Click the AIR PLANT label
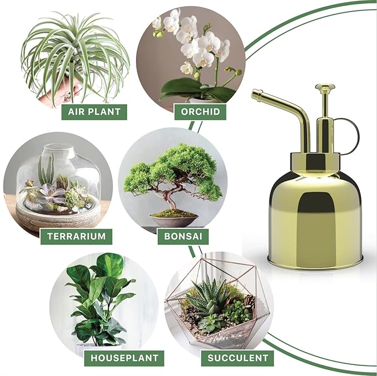[94, 112]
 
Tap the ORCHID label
[201, 112]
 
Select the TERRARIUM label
[76, 235]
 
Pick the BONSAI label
[183, 235]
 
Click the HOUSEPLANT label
[124, 357]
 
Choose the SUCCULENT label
[238, 357]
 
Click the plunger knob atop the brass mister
[325, 88]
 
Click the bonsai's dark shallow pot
[174, 220]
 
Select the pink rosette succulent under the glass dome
[50, 194]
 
